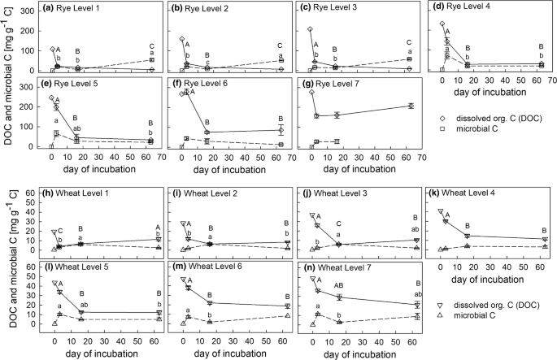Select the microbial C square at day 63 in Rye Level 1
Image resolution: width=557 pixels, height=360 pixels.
151,59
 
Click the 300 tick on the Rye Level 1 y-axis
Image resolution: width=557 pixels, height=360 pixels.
31,11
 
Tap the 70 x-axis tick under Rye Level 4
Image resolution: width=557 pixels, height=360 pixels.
550,81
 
